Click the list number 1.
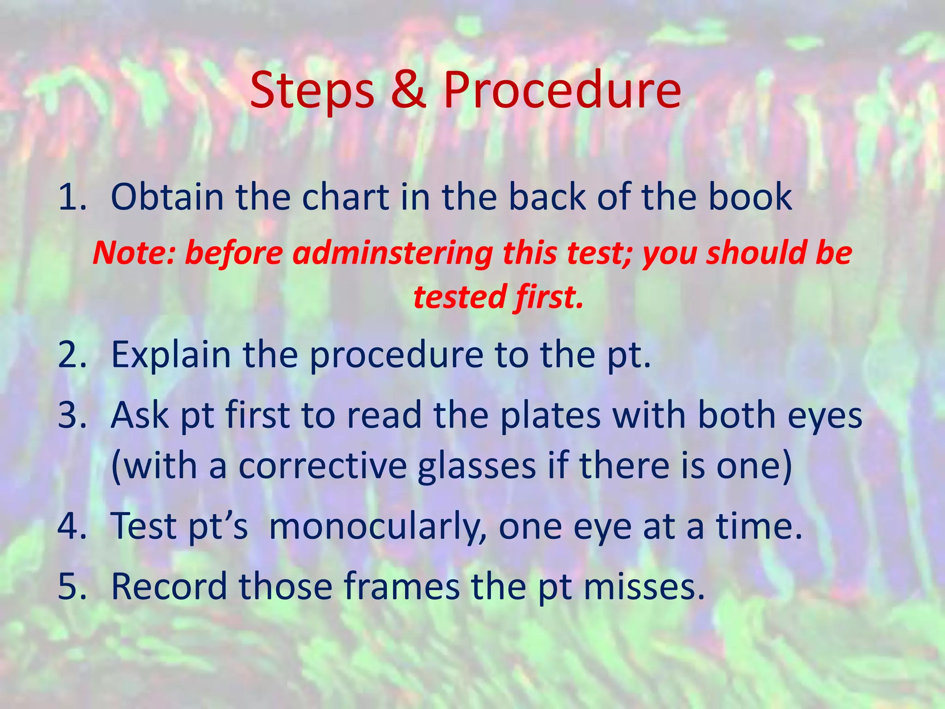[x=72, y=197]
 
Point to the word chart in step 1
[x=346, y=197]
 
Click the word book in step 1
[x=750, y=197]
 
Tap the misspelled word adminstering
[x=392, y=254]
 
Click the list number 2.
[x=72, y=355]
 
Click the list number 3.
[x=72, y=415]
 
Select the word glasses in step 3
[x=477, y=466]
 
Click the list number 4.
[x=72, y=526]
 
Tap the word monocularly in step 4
[x=377, y=527]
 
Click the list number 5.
[x=72, y=586]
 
